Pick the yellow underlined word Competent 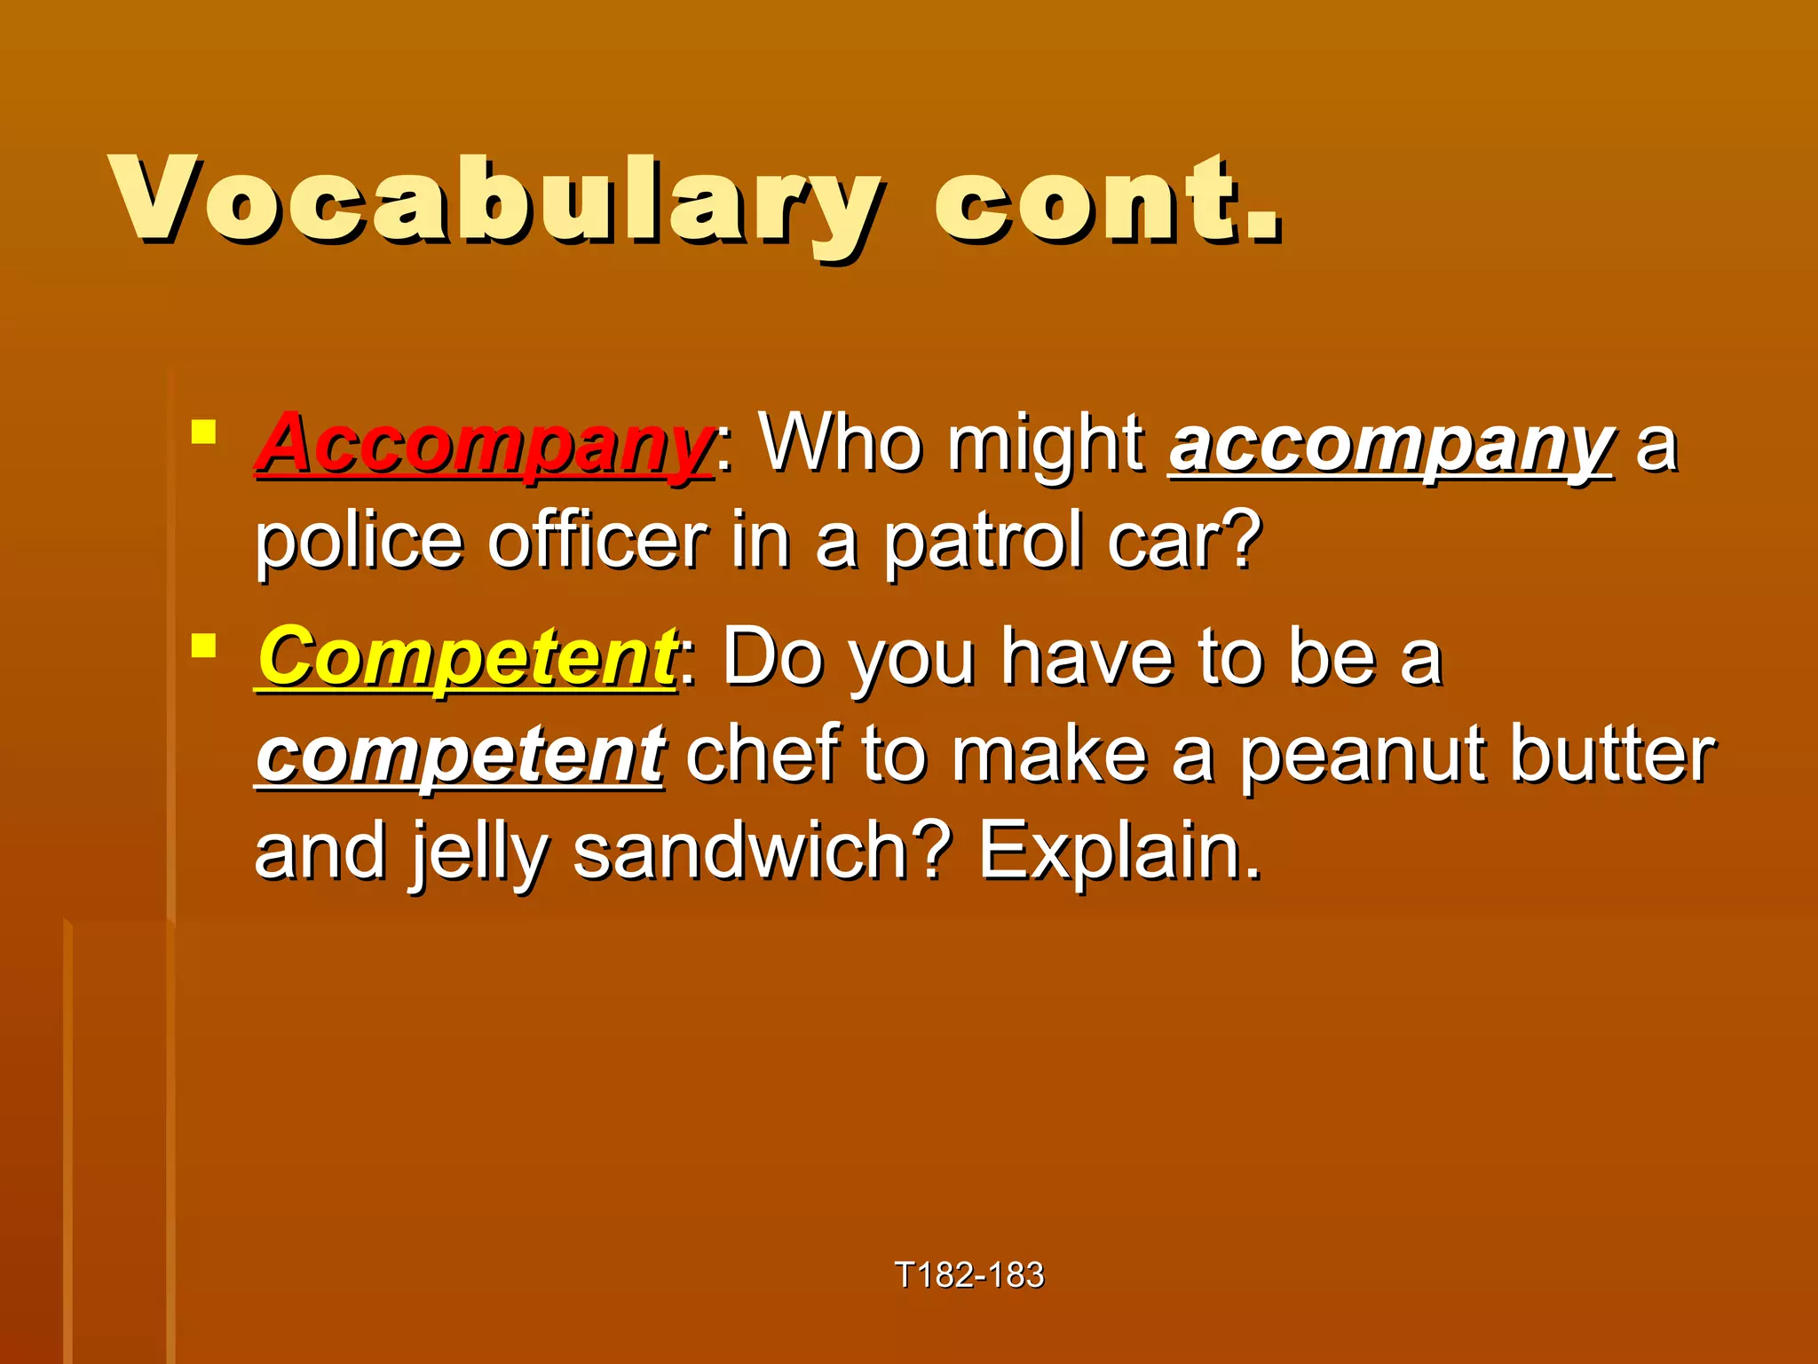[467, 658]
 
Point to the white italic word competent [460, 755]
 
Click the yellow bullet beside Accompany [204, 432]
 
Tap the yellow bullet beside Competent [204, 646]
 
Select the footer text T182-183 [969, 1275]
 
